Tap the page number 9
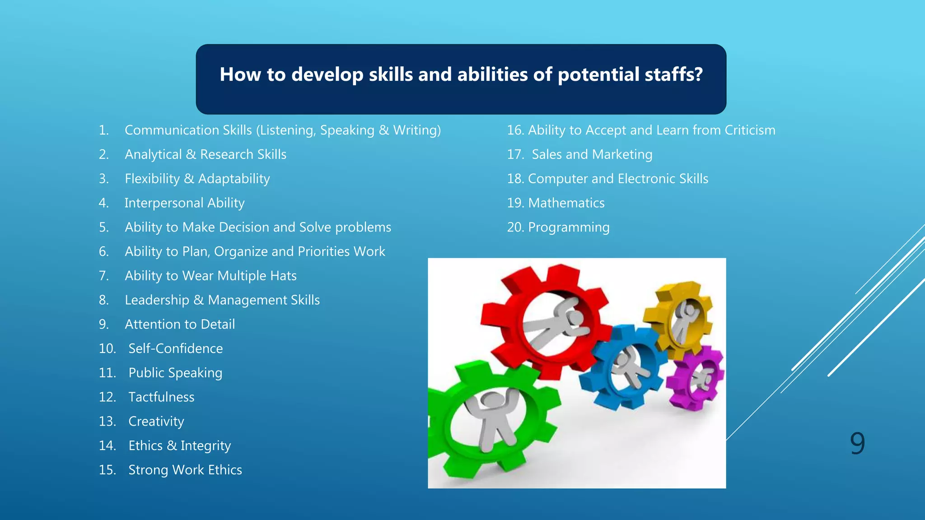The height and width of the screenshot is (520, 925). click(857, 443)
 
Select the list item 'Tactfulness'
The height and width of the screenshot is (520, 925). click(161, 397)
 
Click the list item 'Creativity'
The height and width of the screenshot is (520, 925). click(156, 422)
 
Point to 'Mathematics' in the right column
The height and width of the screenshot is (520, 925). click(566, 203)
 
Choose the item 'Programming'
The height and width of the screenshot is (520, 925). click(569, 227)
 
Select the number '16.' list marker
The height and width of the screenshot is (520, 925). click(515, 130)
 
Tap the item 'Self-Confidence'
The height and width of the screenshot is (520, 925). click(175, 349)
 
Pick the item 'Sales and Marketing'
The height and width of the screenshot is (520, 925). click(592, 155)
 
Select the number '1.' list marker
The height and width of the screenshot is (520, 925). click(104, 130)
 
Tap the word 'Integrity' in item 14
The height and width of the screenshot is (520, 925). click(206, 446)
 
